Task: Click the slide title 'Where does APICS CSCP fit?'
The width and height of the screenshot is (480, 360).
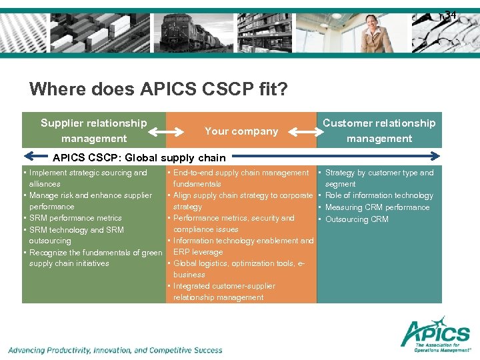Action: [159, 89]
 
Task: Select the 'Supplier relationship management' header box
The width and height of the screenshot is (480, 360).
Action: [94, 131]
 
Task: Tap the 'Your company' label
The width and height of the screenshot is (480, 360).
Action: [241, 131]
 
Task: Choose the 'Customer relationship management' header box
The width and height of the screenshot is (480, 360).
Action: [379, 131]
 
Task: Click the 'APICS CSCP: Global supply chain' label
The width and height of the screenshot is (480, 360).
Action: [139, 158]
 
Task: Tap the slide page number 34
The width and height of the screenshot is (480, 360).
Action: [450, 15]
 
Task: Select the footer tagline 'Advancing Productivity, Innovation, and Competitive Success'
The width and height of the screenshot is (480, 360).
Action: [115, 350]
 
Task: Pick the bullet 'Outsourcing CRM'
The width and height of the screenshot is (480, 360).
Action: [356, 219]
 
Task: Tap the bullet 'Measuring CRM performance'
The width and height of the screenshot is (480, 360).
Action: [377, 207]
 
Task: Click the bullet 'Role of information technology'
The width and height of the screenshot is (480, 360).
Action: [379, 195]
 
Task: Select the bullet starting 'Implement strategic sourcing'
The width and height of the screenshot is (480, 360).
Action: [87, 178]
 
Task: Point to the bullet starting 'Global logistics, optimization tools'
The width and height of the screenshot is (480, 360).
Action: [239, 269]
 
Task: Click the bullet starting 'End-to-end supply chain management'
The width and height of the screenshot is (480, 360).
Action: [240, 178]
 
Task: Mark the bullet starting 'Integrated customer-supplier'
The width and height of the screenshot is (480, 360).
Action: [223, 291]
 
